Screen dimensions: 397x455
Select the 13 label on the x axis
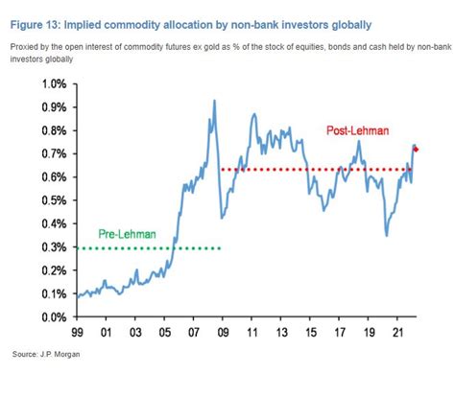281,334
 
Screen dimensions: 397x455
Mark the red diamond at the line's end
417,149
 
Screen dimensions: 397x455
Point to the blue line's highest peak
213,101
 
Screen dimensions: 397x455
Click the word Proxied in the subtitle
26,45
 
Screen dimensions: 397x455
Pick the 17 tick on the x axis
340,334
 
